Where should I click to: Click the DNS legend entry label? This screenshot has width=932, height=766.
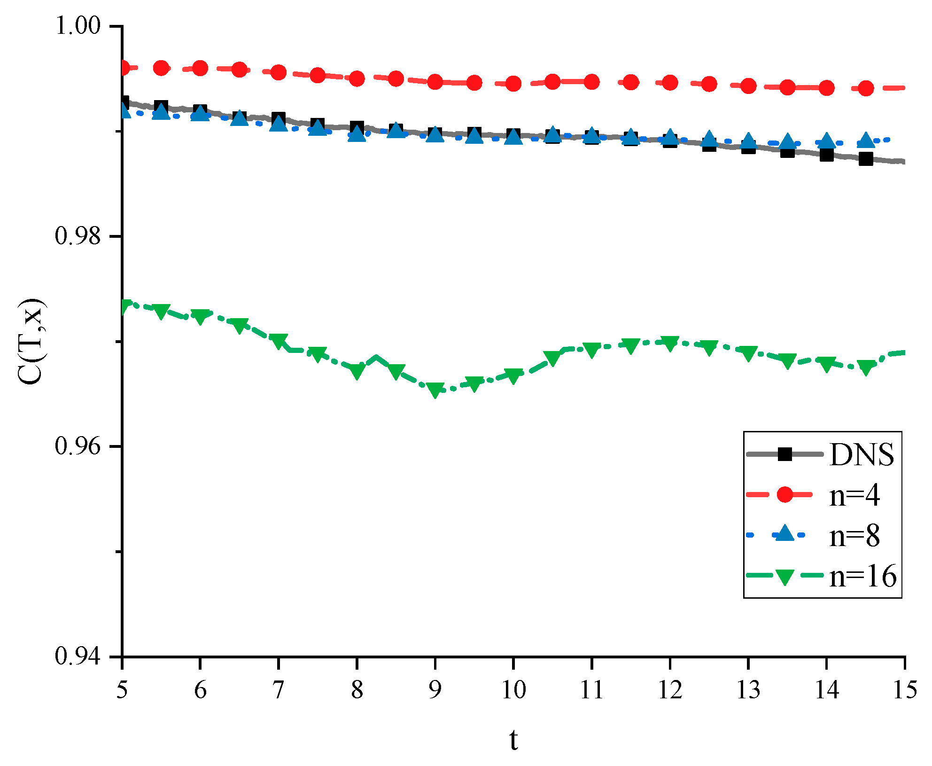coord(862,454)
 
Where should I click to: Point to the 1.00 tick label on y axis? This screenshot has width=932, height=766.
coord(78,25)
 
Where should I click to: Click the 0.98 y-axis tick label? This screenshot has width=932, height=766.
coord(78,235)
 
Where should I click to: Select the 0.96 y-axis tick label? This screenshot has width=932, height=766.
coord(78,446)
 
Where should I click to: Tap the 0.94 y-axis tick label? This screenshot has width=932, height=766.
coord(78,656)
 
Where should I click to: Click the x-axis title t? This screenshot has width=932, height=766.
coord(513,741)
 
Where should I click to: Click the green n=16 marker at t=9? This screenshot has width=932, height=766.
coord(435,390)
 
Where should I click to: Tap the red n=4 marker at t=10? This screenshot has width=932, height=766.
coord(513,84)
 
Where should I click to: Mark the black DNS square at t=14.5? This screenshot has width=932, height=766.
coord(866,159)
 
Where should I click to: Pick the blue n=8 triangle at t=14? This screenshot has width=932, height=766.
coord(827,141)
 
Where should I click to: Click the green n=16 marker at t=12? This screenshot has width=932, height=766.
coord(670,343)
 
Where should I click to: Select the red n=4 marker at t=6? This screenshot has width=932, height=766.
coord(201,68)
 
